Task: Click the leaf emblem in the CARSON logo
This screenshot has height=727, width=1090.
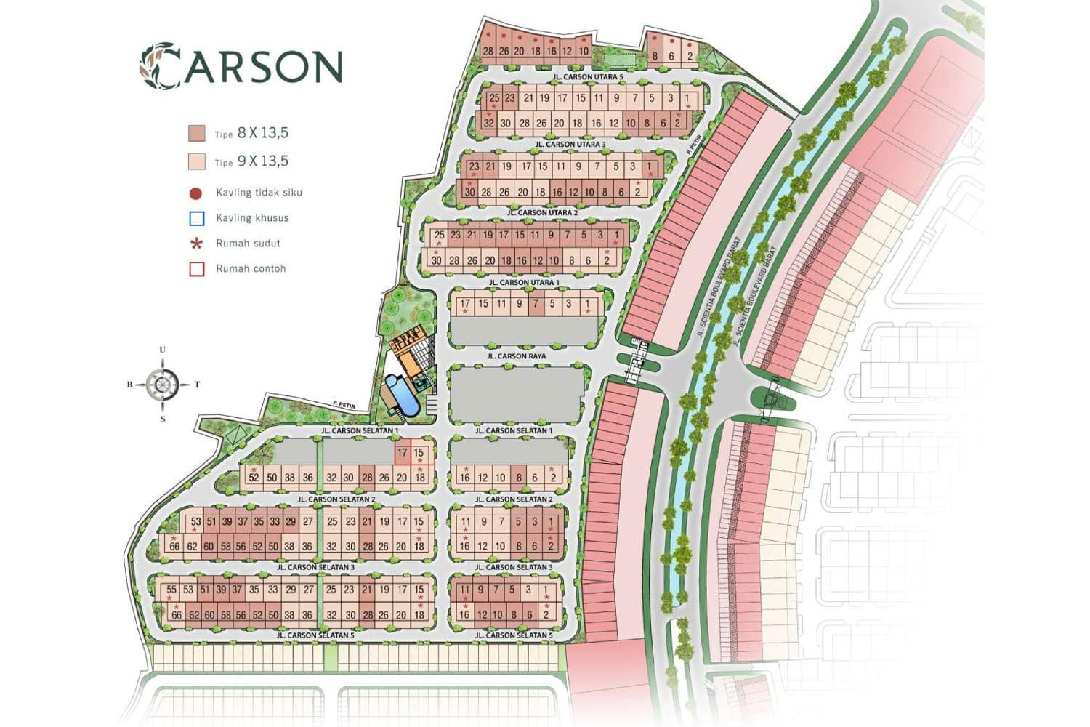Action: (x=159, y=66)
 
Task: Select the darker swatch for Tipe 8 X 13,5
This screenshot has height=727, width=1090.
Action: (x=196, y=133)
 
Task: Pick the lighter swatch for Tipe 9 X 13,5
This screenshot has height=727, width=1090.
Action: (x=196, y=161)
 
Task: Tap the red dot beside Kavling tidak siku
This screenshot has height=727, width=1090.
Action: (x=195, y=193)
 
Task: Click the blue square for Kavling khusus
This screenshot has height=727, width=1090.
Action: (x=196, y=218)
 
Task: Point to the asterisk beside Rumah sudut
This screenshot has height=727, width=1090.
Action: (x=196, y=244)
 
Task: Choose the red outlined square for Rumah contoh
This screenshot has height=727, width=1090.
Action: (x=196, y=269)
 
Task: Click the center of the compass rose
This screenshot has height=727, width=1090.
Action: (x=162, y=385)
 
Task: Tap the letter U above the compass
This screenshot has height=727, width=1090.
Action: (x=162, y=350)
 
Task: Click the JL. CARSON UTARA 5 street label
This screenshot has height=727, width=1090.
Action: (x=588, y=76)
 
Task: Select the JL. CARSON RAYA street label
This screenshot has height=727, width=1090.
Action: (x=516, y=356)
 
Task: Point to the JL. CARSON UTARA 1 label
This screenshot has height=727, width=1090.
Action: (x=524, y=282)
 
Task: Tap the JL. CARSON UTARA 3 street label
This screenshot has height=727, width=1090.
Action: (x=570, y=145)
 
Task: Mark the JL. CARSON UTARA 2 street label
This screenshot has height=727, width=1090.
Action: (x=543, y=213)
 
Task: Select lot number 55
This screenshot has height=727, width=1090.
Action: (x=171, y=590)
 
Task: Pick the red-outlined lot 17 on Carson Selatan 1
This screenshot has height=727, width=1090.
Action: (x=402, y=453)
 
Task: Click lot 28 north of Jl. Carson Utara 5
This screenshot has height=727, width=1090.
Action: (x=488, y=51)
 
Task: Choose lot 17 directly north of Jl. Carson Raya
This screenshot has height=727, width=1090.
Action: (x=465, y=304)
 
